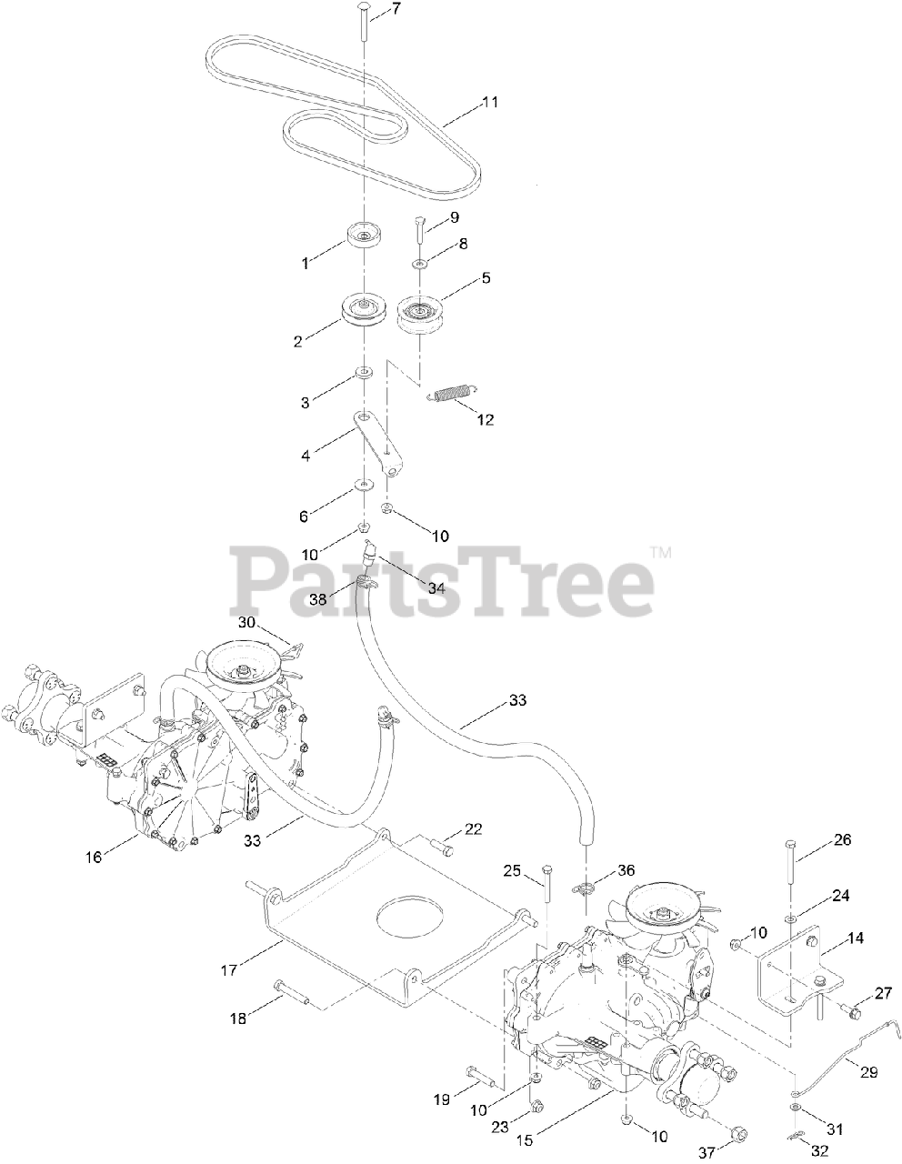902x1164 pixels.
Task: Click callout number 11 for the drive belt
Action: click(x=490, y=102)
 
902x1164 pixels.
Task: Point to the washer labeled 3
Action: click(x=365, y=373)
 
